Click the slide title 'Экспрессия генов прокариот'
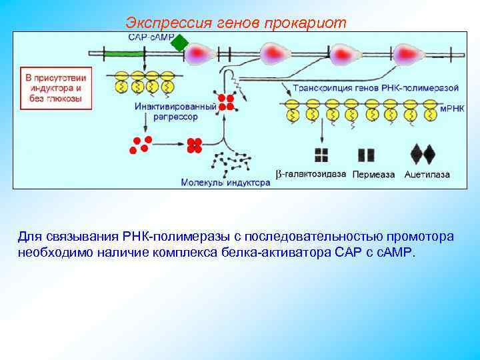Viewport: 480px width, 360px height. (236, 23)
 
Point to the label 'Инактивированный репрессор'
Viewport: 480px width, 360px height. (175, 111)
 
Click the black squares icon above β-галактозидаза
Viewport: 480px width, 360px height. (322, 155)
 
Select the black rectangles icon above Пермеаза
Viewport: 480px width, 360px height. (366, 155)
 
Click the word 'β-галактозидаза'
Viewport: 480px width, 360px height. (311, 175)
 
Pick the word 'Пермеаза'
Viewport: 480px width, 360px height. (373, 175)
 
